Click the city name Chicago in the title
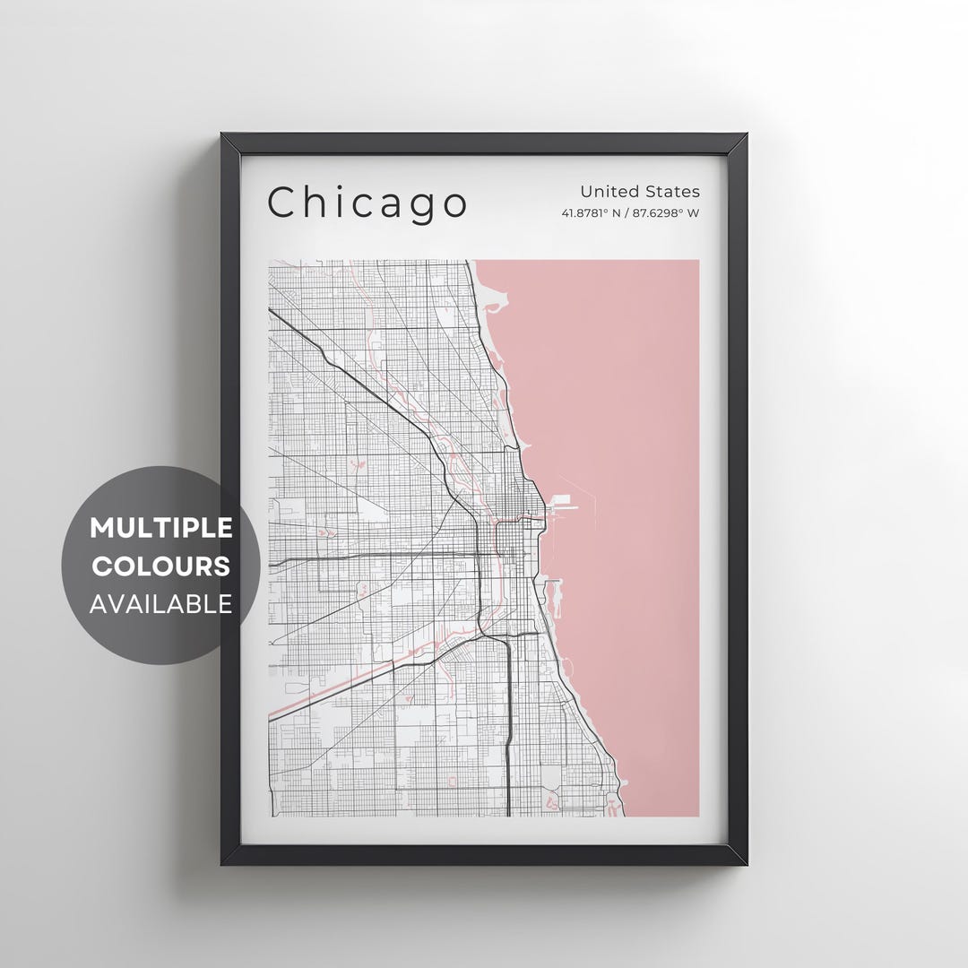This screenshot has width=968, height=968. pos(367,203)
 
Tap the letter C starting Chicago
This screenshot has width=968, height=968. pos(282,203)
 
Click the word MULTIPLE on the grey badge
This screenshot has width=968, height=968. pos(161,528)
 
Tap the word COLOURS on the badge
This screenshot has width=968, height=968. pos(161,566)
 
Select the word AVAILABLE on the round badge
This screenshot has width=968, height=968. pos(161,604)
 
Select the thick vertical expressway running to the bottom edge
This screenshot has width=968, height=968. pos(508,717)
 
